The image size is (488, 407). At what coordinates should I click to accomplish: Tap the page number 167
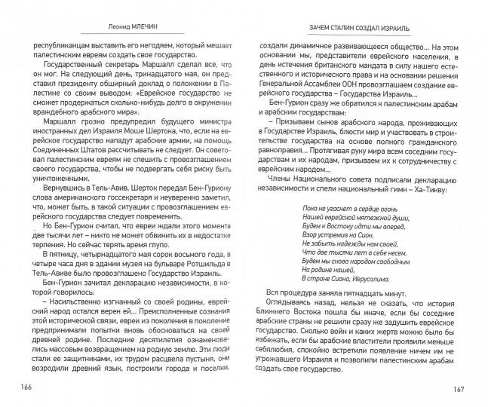point(464,389)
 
